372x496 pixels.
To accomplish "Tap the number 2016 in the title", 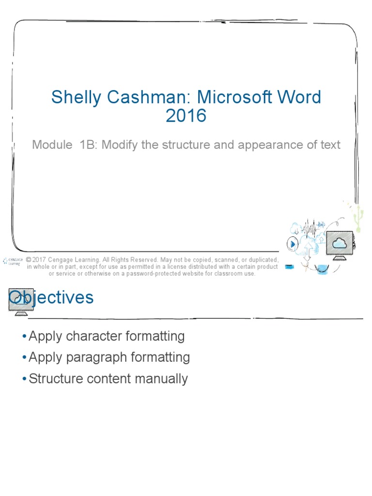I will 186,116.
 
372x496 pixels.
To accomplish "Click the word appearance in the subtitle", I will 275,144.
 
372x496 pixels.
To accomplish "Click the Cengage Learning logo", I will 12,261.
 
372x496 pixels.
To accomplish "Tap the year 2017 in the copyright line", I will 43,260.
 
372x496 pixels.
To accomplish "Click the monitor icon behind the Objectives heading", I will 21,301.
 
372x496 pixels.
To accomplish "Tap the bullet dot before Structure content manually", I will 24,379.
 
